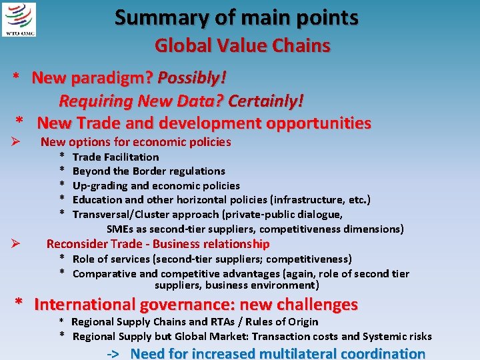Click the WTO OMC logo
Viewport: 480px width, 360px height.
point(19,19)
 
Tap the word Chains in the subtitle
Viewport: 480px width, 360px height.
point(303,45)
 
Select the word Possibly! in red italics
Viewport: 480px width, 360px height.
point(192,78)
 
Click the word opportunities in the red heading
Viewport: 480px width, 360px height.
point(319,123)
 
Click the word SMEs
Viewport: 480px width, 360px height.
point(121,229)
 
